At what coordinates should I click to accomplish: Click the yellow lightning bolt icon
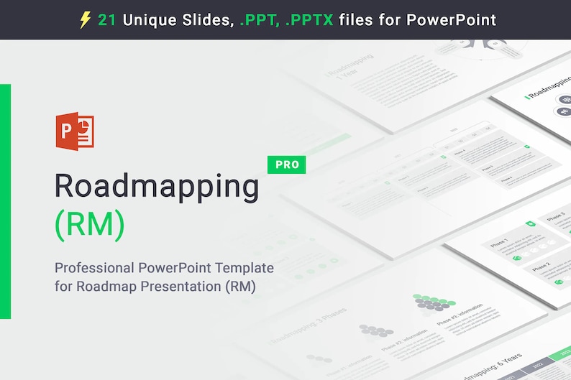(x=85, y=19)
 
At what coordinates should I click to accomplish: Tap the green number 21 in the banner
(x=107, y=19)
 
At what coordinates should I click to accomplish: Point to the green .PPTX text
(x=309, y=19)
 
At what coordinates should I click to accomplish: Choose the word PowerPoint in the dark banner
(x=452, y=19)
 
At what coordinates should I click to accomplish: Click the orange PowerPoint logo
(x=75, y=131)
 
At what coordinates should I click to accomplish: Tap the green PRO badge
(x=286, y=164)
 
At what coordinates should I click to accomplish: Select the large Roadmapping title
(x=157, y=187)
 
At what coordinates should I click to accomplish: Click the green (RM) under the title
(x=90, y=225)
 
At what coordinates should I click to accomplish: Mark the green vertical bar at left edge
(x=5, y=201)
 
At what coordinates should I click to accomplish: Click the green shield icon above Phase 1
(x=531, y=224)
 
